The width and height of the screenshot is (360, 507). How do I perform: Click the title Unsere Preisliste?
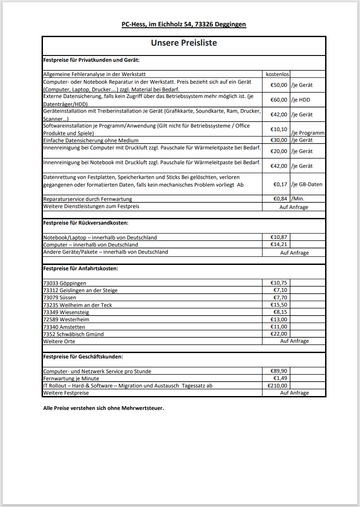tap(184, 43)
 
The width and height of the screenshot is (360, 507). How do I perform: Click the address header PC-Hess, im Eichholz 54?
tap(184, 24)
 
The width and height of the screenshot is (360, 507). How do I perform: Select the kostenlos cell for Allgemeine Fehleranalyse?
tap(277, 74)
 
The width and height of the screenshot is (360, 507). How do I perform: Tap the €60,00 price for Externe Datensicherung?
tap(279, 100)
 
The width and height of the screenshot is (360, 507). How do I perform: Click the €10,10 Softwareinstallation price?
tap(279, 129)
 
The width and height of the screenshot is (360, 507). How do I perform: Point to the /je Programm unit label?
tap(308, 133)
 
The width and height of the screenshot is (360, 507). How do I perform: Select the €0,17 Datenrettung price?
tap(280, 184)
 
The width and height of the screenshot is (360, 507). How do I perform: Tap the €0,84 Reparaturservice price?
tap(280, 199)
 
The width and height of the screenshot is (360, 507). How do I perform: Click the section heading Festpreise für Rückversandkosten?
tap(85, 222)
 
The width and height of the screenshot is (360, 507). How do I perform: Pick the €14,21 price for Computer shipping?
tap(279, 245)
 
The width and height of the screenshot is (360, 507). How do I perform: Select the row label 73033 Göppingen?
tap(64, 283)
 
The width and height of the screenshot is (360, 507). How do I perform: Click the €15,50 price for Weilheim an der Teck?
tap(279, 305)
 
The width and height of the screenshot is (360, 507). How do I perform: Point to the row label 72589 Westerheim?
tap(66, 320)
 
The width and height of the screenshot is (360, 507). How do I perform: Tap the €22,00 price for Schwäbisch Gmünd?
tap(279, 334)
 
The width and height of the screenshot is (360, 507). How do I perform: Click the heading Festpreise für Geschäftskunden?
tap(83, 357)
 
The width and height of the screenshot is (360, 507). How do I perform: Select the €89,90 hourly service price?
tap(279, 371)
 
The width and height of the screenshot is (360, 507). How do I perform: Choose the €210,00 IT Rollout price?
tap(277, 385)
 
